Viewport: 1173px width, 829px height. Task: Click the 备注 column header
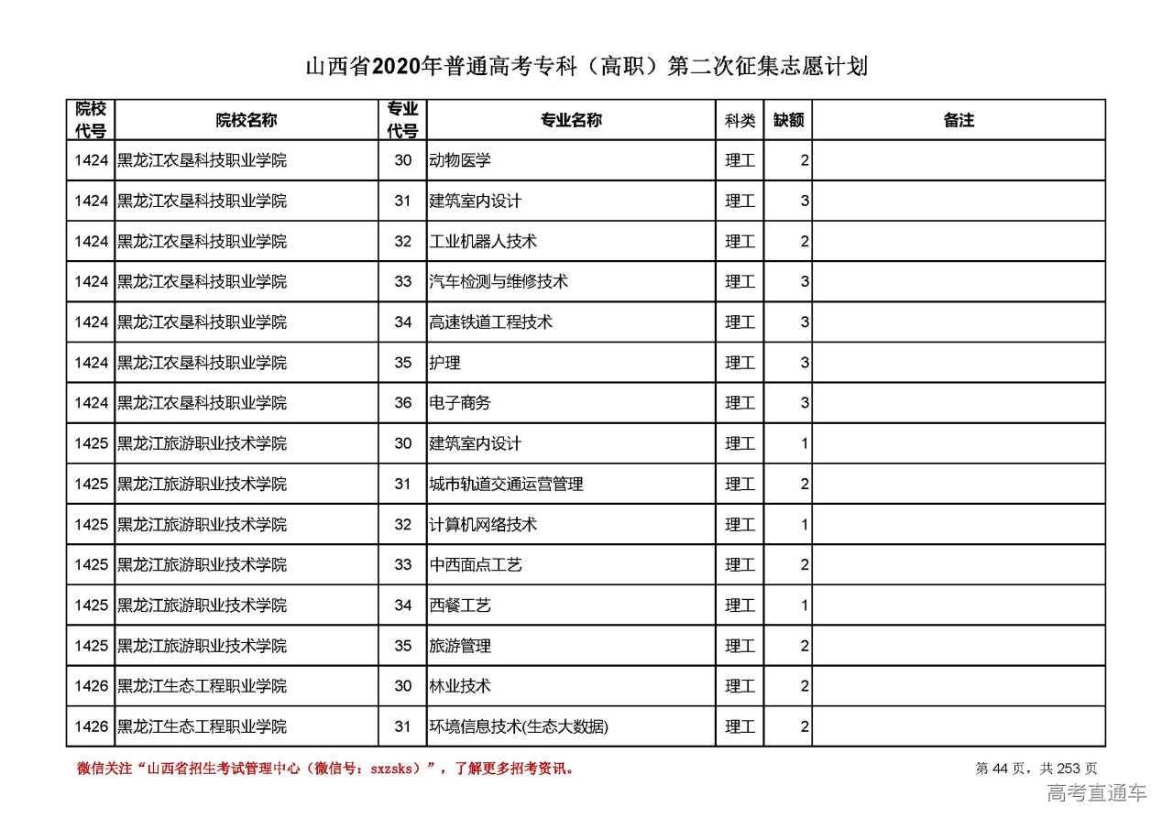(959, 120)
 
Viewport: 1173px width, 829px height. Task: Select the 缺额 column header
(788, 120)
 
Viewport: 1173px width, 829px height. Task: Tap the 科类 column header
(740, 120)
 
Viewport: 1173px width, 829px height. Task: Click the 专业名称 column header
(571, 120)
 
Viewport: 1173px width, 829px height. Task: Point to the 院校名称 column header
(247, 120)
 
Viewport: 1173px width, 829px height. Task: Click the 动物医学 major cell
(460, 160)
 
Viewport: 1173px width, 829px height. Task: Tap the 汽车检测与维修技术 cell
(499, 282)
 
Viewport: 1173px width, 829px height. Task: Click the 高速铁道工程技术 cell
(491, 322)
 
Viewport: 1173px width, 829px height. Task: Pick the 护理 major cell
(445, 363)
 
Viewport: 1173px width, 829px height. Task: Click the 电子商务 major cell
(460, 403)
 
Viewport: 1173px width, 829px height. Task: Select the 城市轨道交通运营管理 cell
(507, 484)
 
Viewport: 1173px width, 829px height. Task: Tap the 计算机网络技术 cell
(483, 525)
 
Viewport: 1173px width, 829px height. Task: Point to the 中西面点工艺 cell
(476, 565)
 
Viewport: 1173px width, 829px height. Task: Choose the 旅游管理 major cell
(460, 646)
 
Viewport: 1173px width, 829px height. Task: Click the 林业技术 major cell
(460, 686)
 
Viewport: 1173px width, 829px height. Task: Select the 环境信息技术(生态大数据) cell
(519, 727)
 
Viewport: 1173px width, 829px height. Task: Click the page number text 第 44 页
(1003, 769)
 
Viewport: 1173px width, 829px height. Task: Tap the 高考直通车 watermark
(1096, 793)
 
